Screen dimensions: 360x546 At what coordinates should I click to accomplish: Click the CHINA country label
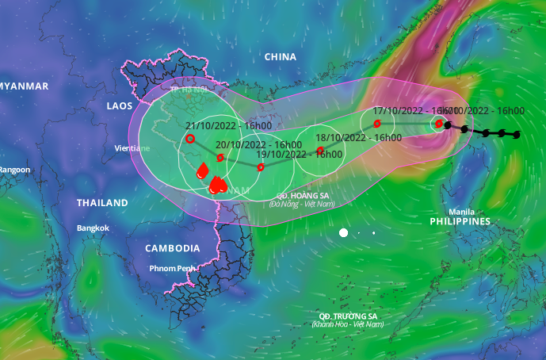click(280, 57)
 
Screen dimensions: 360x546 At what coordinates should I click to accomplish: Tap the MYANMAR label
click(24, 86)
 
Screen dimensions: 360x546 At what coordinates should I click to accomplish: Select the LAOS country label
click(120, 105)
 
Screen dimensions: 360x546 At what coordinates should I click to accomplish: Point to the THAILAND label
click(102, 203)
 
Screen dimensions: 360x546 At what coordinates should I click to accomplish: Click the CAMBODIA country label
click(172, 248)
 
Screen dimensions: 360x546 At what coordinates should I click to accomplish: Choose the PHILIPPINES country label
click(460, 221)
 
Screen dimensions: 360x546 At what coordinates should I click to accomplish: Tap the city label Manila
click(461, 212)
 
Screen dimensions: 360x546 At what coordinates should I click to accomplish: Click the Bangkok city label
click(93, 228)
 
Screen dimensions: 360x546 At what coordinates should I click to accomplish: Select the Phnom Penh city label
click(174, 268)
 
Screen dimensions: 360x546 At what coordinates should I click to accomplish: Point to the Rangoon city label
click(14, 170)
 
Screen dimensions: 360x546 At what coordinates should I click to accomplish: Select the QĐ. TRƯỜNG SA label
click(345, 316)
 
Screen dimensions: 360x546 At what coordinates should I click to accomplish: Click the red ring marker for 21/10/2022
click(190, 139)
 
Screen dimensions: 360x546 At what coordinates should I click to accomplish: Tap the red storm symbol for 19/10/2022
click(261, 167)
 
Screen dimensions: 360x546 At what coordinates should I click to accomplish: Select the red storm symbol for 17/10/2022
click(376, 124)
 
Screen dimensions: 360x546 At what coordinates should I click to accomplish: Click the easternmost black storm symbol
click(517, 135)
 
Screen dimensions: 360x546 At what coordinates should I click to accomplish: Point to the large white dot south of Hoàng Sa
click(344, 232)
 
